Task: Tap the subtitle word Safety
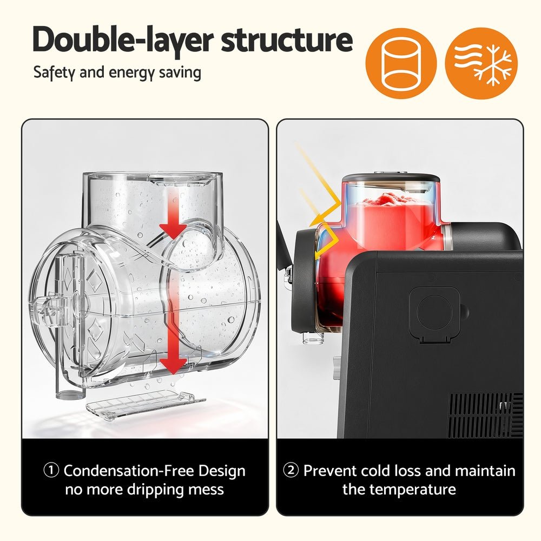54,72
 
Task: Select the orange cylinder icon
401,64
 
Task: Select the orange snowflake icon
481,64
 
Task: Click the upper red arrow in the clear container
173,219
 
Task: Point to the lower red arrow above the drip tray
173,346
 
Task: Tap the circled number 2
291,471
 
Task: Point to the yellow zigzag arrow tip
313,222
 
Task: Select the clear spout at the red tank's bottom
313,338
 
